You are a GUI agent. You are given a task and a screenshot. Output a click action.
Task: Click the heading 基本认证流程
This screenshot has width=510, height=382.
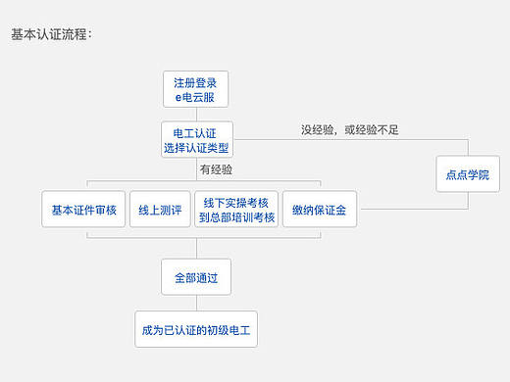click(51, 34)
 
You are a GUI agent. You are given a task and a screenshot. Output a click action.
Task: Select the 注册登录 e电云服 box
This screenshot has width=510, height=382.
click(195, 89)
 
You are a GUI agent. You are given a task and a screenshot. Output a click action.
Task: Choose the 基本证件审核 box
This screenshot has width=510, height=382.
click(84, 209)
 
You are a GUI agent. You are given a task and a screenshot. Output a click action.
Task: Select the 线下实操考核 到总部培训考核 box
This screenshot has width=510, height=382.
click(235, 209)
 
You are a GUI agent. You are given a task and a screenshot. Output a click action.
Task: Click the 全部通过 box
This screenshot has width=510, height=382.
click(195, 277)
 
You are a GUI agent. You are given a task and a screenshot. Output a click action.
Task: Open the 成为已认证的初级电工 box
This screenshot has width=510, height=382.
click(195, 329)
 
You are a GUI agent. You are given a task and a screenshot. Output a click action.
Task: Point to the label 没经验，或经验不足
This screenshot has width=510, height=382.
click(350, 129)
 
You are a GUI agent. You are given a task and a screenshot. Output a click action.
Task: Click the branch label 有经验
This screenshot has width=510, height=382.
click(216, 169)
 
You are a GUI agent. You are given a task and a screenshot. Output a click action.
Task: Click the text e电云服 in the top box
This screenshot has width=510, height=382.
click(195, 96)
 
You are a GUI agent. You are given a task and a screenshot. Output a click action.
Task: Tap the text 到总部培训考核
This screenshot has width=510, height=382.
click(235, 216)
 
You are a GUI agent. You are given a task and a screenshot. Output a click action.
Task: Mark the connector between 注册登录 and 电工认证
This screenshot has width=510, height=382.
click(195, 114)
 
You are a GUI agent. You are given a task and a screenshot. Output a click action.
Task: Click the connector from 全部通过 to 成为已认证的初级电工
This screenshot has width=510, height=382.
click(195, 303)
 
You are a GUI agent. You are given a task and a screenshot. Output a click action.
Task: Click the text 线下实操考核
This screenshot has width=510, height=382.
click(235, 202)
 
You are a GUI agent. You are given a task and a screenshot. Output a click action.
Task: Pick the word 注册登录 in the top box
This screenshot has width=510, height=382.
click(195, 81)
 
